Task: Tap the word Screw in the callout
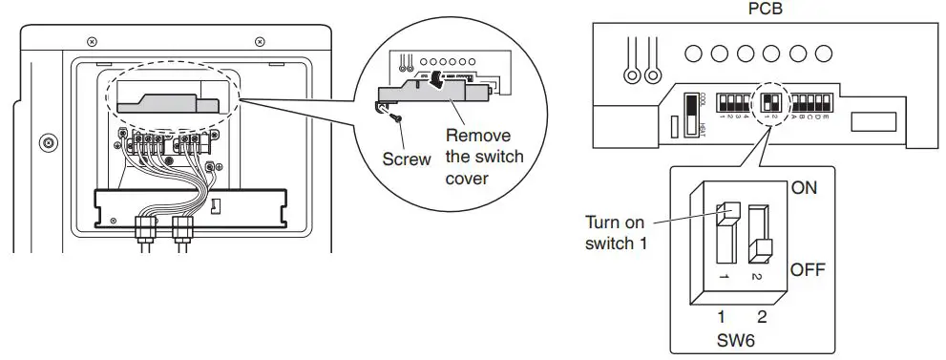point(407,159)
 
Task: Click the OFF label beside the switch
point(807,270)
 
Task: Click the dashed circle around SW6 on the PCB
point(769,101)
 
